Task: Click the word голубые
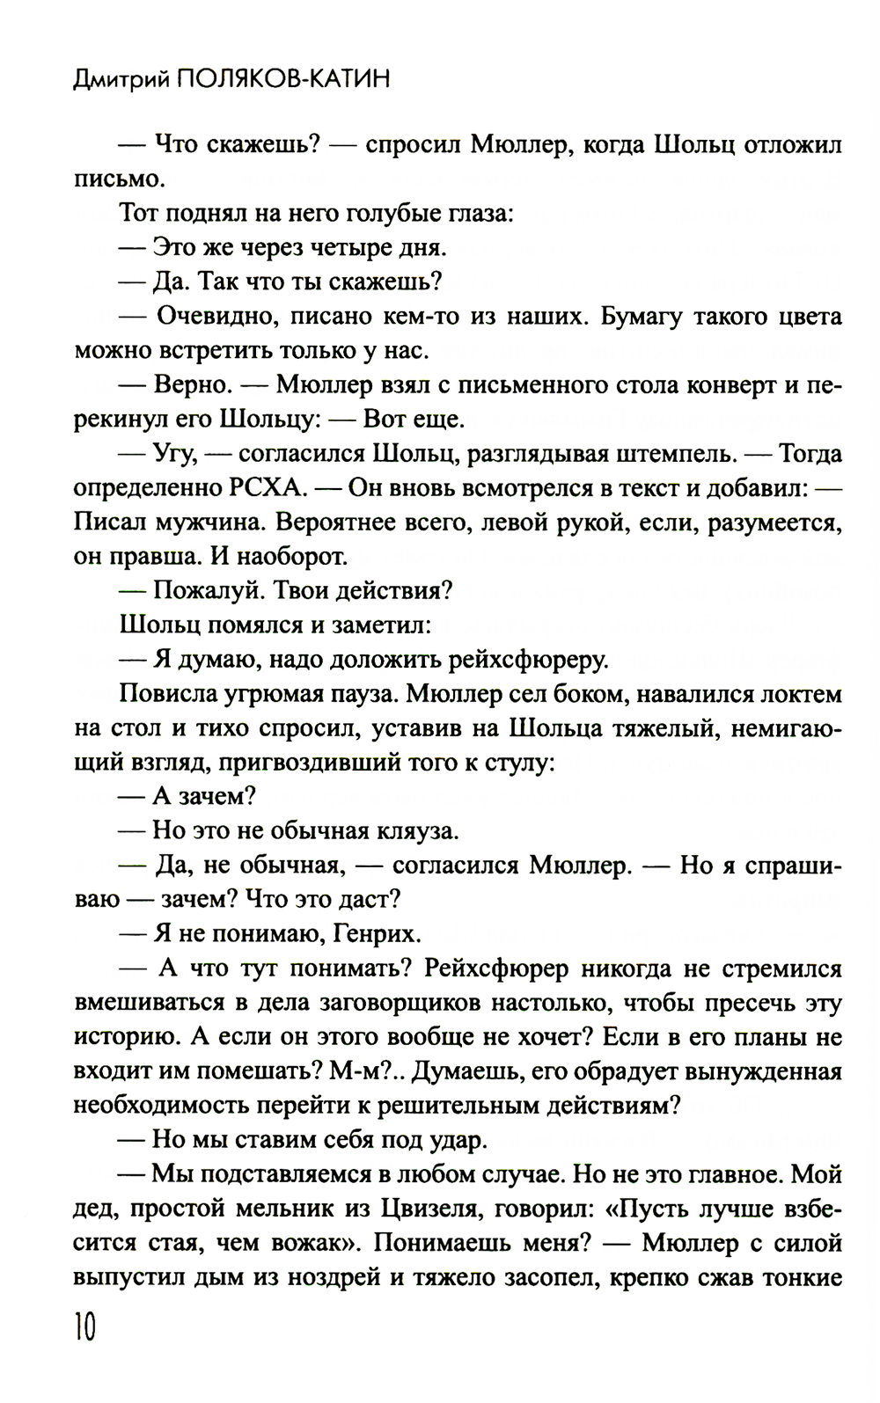point(400,214)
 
